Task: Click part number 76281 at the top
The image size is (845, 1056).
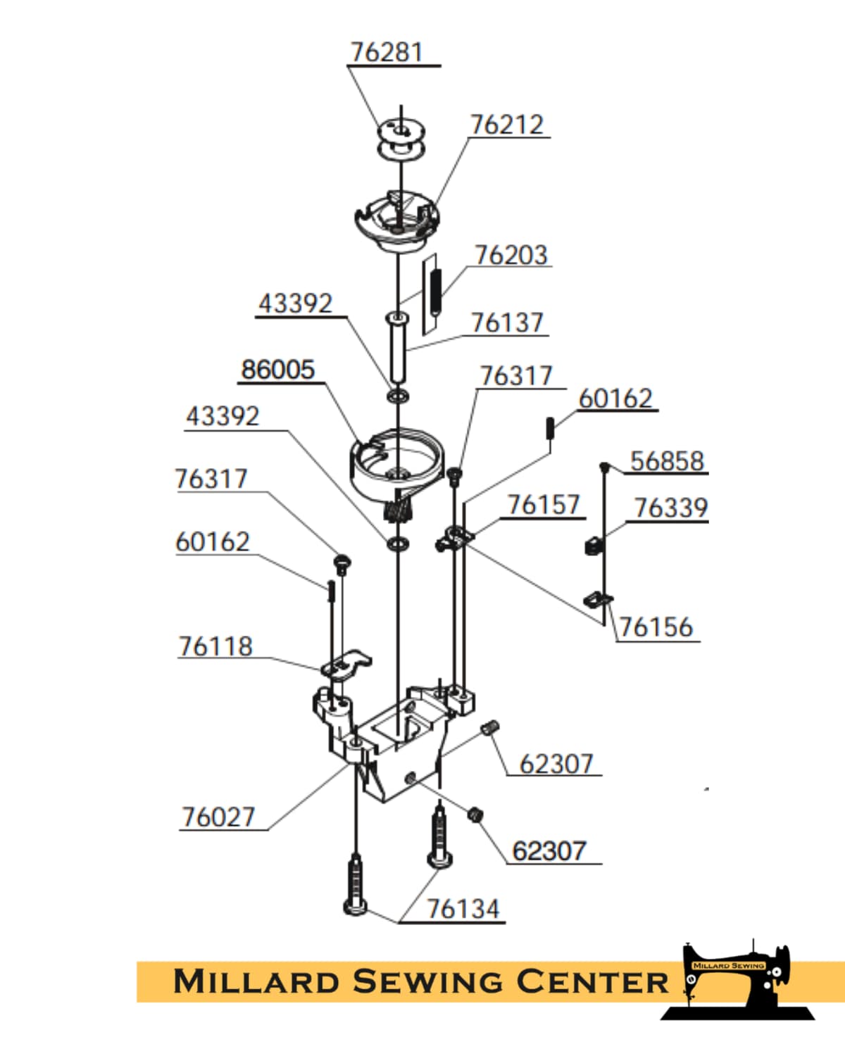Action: [x=387, y=52]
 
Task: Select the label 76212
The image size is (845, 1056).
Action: [x=507, y=125]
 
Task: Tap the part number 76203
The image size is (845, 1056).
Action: [x=511, y=255]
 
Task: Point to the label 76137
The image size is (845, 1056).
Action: [x=508, y=323]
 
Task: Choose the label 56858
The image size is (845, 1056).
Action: [x=668, y=461]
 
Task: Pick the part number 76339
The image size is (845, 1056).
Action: [x=671, y=508]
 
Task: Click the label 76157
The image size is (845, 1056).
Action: [x=544, y=505]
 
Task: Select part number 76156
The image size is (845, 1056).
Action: [x=656, y=627]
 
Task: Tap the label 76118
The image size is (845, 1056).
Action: [x=215, y=646]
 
